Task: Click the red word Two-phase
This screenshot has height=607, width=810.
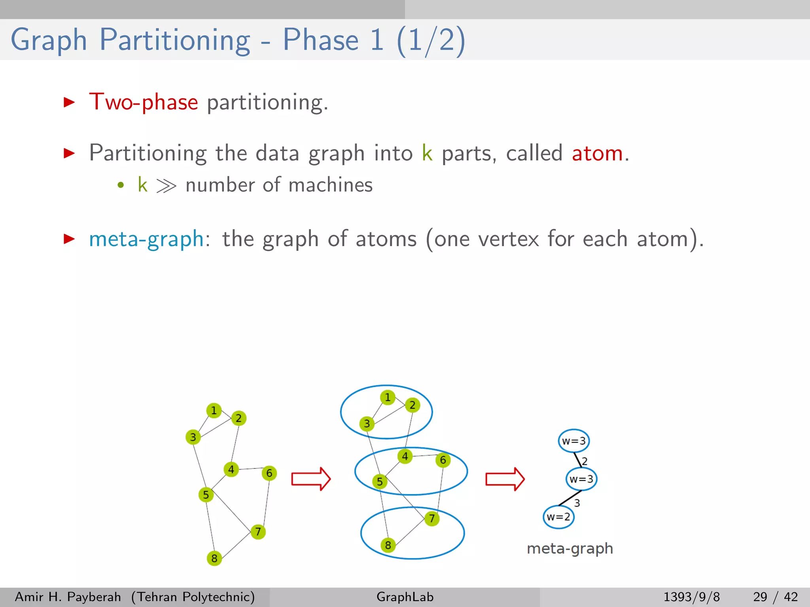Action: click(143, 102)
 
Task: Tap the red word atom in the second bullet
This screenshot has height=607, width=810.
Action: click(597, 153)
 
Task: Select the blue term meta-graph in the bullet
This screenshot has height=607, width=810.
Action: click(146, 239)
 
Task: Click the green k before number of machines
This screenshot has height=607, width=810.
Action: click(142, 185)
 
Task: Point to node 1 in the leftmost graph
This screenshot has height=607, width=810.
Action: click(214, 411)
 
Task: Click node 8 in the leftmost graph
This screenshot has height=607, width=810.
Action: click(214, 558)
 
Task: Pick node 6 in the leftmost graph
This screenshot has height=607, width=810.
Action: click(269, 473)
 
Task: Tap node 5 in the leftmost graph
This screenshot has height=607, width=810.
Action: click(206, 494)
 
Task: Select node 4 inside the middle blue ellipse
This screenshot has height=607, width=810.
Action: click(405, 456)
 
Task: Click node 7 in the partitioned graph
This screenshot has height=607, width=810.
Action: click(432, 518)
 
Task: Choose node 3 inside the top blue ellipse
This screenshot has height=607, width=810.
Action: click(367, 424)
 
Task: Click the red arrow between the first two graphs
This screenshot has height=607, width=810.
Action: click(311, 479)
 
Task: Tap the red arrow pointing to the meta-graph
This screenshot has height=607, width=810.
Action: click(505, 479)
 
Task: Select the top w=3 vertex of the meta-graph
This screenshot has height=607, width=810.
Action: click(574, 441)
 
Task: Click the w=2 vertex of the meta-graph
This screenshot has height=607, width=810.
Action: click(558, 517)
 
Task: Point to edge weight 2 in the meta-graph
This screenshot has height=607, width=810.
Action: click(585, 461)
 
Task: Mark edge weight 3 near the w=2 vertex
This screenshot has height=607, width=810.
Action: click(577, 503)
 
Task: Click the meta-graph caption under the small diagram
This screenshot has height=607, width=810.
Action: click(570, 549)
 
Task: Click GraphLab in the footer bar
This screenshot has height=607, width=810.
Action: click(405, 597)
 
